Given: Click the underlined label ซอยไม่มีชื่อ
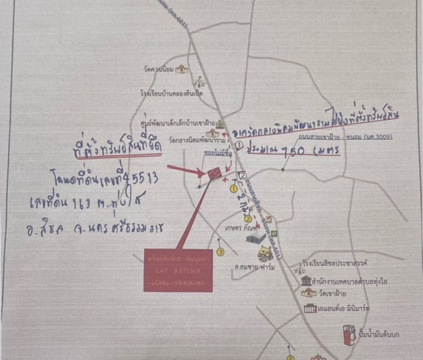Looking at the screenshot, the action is pyautogui.click(x=216, y=153).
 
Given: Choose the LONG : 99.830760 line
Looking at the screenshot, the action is pyautogui.click(x=178, y=283).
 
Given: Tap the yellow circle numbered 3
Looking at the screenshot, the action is pyautogui.click(x=220, y=252).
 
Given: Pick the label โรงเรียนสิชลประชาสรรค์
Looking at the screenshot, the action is pyautogui.click(x=341, y=263).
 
